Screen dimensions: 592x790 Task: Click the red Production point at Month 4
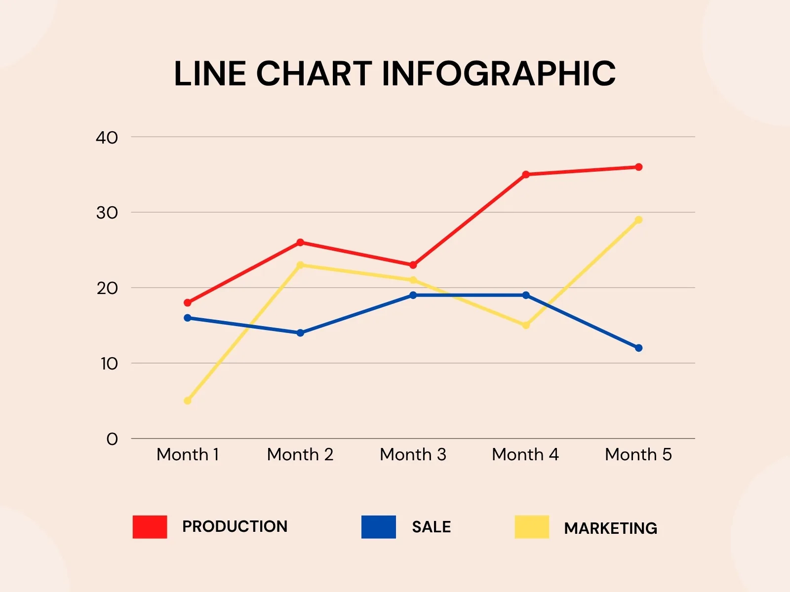(526, 175)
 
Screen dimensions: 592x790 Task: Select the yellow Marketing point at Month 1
(188, 401)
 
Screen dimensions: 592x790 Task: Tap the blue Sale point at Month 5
(638, 348)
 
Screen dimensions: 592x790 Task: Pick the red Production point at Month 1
(188, 302)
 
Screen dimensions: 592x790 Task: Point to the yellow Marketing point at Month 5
(638, 220)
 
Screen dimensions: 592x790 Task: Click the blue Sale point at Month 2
(300, 333)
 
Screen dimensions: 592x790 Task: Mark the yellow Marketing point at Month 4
(526, 325)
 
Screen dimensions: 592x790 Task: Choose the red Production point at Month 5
(638, 167)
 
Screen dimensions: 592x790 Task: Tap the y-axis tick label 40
(107, 138)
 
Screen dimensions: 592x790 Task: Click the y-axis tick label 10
(109, 364)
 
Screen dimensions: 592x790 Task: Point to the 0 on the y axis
(112, 439)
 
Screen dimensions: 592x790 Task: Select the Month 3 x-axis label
(413, 454)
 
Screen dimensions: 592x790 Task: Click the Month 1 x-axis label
(188, 454)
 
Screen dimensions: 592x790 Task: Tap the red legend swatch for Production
(150, 527)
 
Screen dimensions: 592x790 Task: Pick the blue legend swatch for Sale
(379, 527)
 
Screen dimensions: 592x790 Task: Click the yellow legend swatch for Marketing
(532, 527)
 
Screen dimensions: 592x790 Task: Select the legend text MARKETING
(610, 528)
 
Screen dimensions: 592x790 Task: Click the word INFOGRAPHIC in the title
(499, 74)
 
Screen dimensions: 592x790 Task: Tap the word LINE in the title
(210, 74)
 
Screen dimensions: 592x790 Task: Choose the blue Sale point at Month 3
(413, 295)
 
